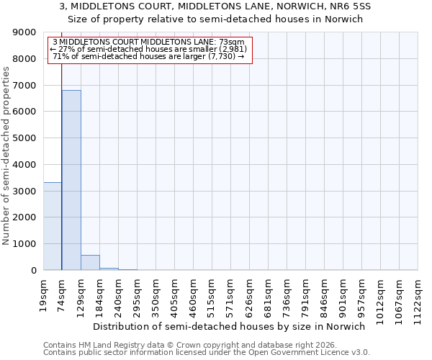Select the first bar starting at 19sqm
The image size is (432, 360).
(53, 226)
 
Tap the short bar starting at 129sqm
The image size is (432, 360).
(90, 263)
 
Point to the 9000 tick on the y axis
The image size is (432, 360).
(24, 32)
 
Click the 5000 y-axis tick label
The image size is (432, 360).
(24, 138)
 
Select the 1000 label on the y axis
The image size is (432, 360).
(24, 244)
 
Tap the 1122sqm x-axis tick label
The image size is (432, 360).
(418, 296)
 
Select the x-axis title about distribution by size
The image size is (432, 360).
(230, 326)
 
